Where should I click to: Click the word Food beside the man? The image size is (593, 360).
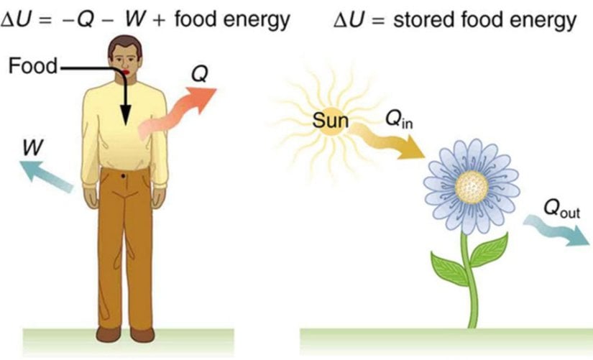point(32,66)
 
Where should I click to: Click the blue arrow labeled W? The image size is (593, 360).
point(45,175)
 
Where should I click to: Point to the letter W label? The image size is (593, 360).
point(33,147)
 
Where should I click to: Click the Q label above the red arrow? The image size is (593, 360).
point(199,74)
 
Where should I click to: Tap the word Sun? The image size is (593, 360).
point(330,121)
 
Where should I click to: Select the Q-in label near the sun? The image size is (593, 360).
point(399,121)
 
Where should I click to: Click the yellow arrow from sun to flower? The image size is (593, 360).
point(386,141)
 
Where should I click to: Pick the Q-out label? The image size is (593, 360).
point(561,208)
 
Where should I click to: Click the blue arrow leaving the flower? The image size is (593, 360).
point(556,229)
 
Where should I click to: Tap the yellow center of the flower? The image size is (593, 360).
point(472,186)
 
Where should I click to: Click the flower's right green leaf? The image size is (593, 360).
point(489,249)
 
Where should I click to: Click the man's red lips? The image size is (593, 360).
point(126,72)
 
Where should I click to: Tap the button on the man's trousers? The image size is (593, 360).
point(124,176)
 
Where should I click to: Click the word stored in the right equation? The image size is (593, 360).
point(424,19)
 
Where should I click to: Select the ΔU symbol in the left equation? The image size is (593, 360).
point(15,20)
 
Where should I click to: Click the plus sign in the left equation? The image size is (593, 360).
point(159,21)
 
